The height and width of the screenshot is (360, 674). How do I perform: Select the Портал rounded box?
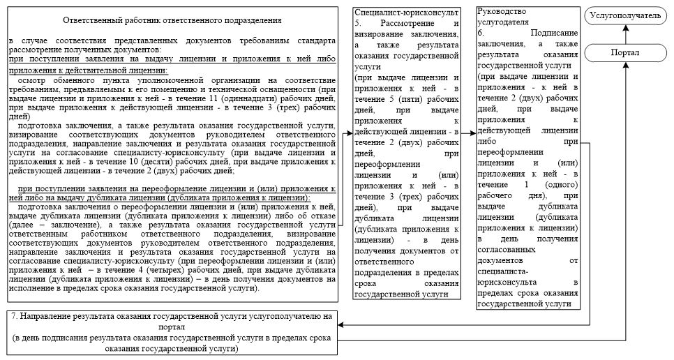(624, 53)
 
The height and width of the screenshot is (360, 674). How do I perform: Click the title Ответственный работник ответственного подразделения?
(172, 22)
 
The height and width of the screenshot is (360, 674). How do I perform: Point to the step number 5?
(357, 23)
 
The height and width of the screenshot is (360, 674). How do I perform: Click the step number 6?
(481, 33)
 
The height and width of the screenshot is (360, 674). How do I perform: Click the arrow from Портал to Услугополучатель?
(624, 34)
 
